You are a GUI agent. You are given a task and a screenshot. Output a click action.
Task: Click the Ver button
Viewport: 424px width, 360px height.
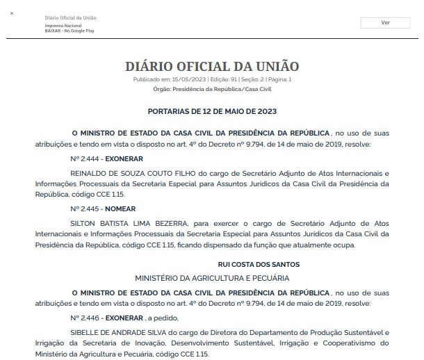(385, 22)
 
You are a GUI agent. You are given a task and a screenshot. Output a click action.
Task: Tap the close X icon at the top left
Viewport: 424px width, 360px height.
(12, 13)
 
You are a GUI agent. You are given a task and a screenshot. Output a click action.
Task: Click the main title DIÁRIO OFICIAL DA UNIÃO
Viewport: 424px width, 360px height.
(212, 67)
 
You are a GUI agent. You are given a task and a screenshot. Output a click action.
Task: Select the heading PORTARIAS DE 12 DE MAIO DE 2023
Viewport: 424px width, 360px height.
(212, 111)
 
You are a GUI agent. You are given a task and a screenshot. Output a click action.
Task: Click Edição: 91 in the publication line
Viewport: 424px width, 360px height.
(215, 80)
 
